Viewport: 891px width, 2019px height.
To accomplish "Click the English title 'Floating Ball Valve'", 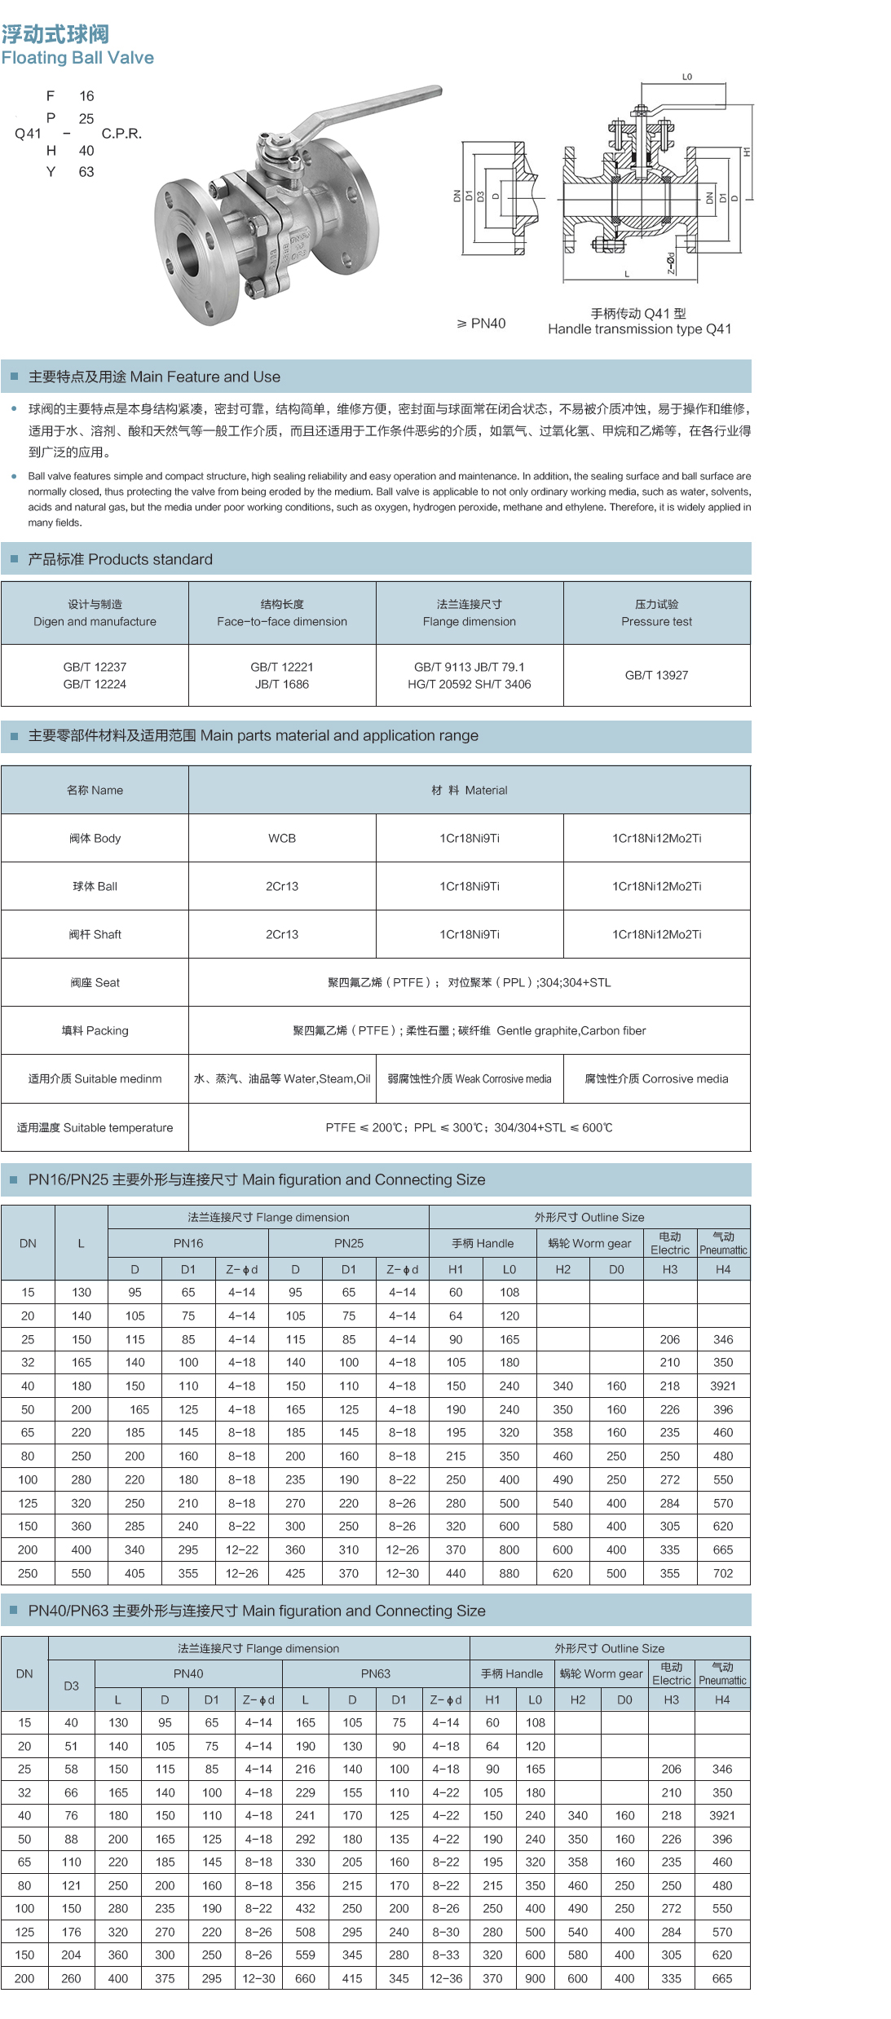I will pos(77,58).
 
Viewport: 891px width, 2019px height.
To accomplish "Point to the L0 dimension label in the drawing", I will pos(687,77).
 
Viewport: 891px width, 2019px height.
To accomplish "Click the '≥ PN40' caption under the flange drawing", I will pos(481,324).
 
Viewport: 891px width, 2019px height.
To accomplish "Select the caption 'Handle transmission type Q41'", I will pos(639,329).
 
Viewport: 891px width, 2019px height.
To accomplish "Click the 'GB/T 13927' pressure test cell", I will pos(656,675).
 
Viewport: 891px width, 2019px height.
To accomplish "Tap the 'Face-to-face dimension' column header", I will pos(282,621).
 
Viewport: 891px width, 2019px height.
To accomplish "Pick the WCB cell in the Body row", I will pos(282,838).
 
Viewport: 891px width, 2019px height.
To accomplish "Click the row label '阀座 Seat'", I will pos(95,982).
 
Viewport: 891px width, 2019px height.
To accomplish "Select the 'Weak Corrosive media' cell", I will pos(470,1078).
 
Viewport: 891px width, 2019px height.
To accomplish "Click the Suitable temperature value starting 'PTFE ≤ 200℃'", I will pos(469,1127).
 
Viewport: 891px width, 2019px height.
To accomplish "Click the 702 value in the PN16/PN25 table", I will pos(723,1573).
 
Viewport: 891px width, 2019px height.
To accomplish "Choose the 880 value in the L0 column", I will pos(509,1573).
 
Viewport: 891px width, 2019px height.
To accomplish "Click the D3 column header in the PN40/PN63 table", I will pos(72,1686).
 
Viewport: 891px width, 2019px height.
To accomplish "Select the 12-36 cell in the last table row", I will pos(446,1978).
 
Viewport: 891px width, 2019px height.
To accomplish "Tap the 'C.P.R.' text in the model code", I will pos(121,134).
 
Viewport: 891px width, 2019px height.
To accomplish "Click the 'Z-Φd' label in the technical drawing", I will pos(671,262).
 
